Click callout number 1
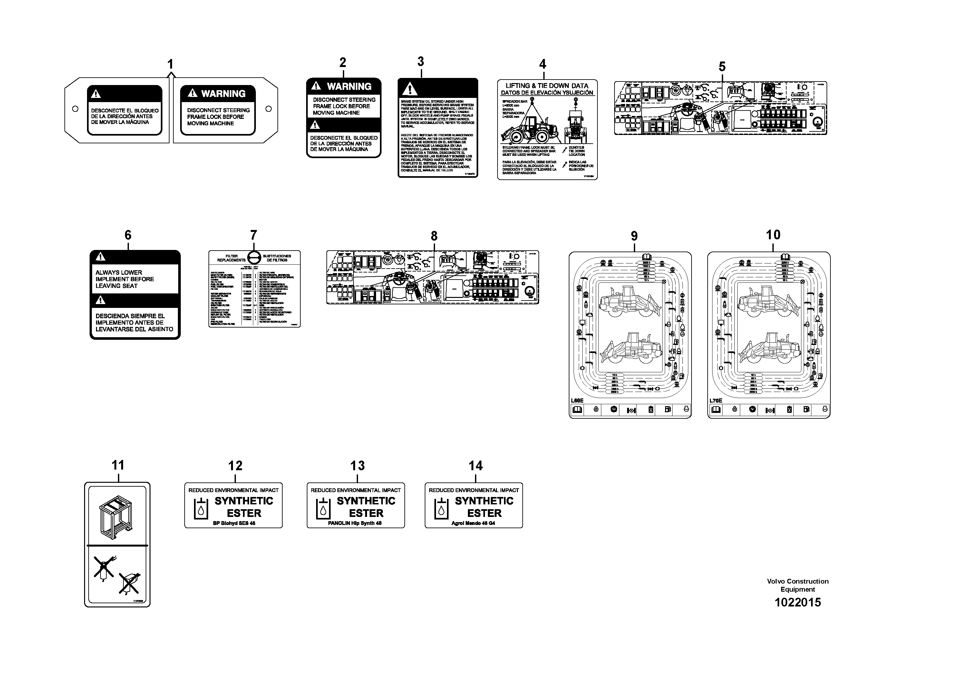tap(170, 64)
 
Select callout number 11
tap(118, 465)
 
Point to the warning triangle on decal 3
tap(410, 89)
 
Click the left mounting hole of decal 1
tap(75, 109)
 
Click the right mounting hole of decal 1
tap(268, 109)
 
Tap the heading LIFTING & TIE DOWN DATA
tap(547, 86)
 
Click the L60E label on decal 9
tap(577, 401)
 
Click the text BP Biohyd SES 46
tap(234, 523)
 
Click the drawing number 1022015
tap(797, 602)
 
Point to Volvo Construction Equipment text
tap(797, 585)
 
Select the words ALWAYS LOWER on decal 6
tap(119, 272)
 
